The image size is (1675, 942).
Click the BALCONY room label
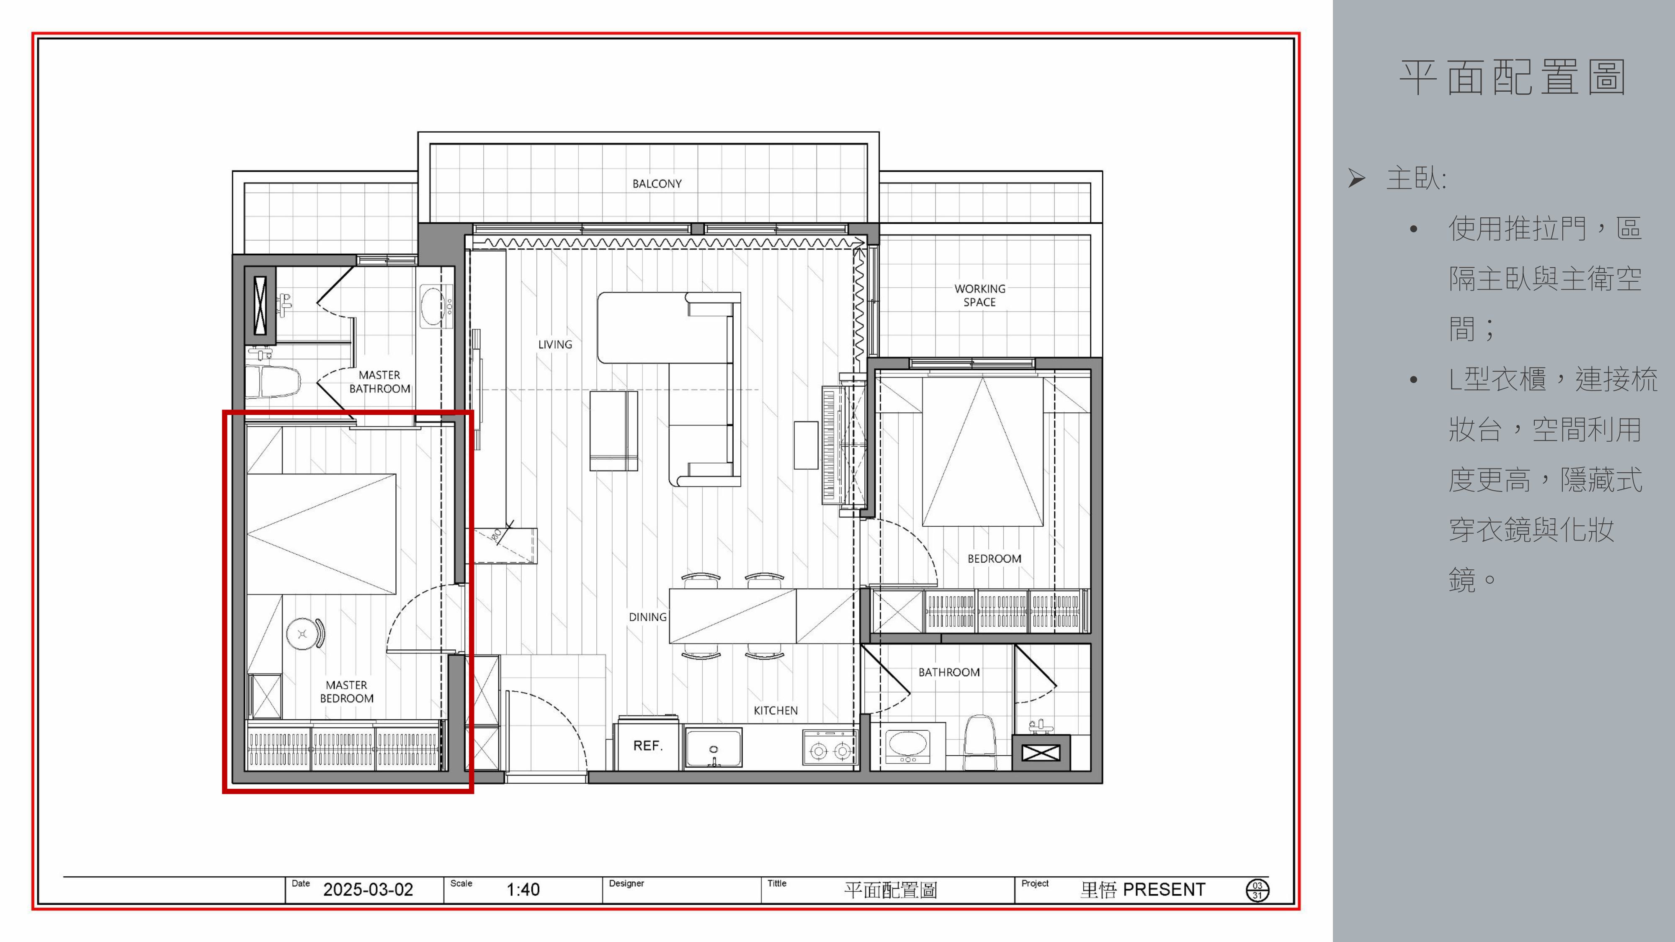coord(657,184)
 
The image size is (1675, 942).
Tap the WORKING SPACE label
coord(979,295)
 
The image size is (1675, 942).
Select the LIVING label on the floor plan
coord(555,345)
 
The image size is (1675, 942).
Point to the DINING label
coord(648,617)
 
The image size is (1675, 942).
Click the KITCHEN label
coord(775,710)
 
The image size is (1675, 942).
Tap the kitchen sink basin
coord(713,748)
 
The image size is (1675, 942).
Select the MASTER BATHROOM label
coord(380,381)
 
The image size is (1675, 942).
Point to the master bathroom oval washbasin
coord(433,307)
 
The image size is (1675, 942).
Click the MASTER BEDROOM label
coord(347,692)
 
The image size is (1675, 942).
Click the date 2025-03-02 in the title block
coord(368,889)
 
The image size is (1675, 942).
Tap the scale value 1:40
coord(523,889)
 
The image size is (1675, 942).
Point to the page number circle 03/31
coord(1257,890)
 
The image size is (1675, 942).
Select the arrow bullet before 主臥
coord(1356,178)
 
